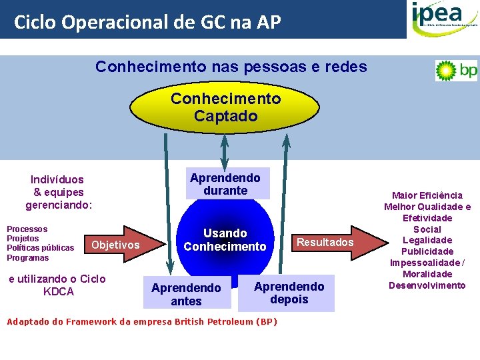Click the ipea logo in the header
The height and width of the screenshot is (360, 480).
(x=442, y=19)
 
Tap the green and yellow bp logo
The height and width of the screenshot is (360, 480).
(x=456, y=70)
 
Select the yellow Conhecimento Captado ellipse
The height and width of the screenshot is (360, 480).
(x=225, y=107)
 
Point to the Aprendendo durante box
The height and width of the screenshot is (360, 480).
(x=225, y=184)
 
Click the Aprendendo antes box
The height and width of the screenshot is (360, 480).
(x=186, y=295)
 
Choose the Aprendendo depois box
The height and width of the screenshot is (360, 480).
(x=289, y=293)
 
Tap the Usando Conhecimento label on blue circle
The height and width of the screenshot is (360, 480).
(x=225, y=240)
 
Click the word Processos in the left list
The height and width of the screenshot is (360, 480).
(x=27, y=229)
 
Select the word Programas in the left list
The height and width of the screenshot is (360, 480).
(x=28, y=258)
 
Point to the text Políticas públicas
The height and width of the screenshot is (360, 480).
(x=40, y=248)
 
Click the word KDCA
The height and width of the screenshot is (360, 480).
(x=58, y=291)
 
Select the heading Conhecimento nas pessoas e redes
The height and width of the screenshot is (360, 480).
(x=231, y=67)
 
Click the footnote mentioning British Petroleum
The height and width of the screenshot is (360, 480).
(x=141, y=322)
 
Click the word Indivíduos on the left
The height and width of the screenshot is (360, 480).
(x=57, y=179)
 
